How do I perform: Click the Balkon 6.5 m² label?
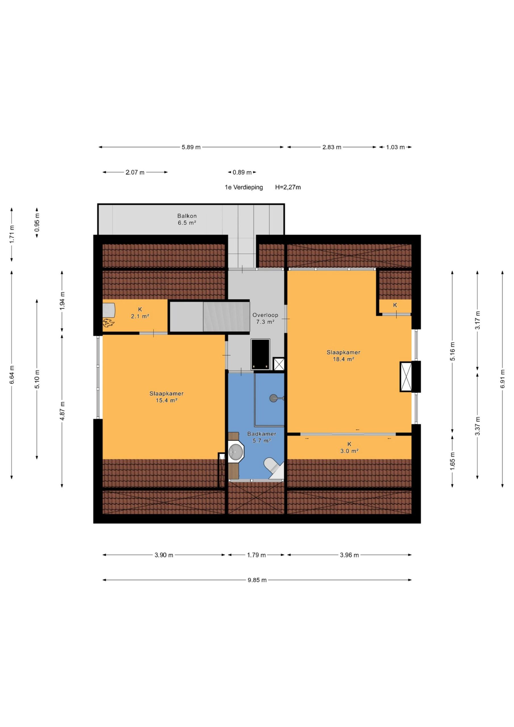[187, 219]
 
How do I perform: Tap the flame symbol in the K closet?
[108, 323]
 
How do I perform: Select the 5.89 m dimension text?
[191, 147]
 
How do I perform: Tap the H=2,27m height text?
[288, 187]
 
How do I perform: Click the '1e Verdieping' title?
[244, 187]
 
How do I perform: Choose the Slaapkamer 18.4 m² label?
[343, 356]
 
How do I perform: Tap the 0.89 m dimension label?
[242, 173]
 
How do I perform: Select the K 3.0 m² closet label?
[349, 447]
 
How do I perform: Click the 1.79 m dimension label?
[256, 555]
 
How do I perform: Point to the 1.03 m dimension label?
[395, 147]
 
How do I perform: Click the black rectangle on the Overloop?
[260, 354]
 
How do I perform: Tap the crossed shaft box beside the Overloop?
[278, 364]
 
